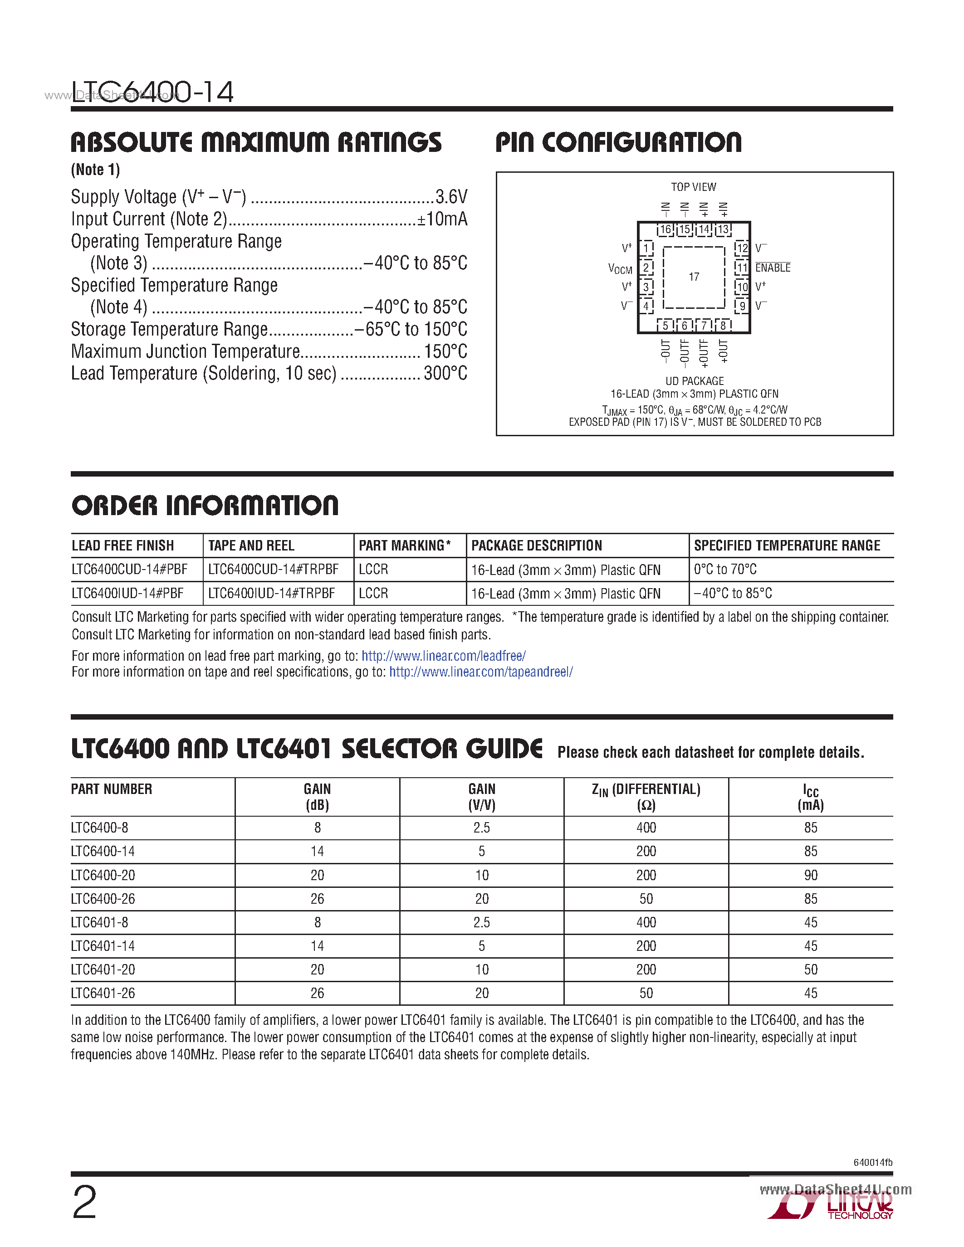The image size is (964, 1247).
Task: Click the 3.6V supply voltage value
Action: pos(451,197)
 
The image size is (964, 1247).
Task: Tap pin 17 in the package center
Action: pos(694,277)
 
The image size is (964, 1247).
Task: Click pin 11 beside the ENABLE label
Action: pos(742,267)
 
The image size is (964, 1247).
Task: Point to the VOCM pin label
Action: pos(620,269)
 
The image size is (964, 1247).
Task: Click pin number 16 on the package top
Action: pos(666,229)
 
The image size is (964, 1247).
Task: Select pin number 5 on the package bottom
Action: pos(666,326)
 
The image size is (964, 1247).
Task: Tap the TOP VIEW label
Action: pos(693,187)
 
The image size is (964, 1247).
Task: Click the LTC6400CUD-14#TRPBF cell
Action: pos(274,569)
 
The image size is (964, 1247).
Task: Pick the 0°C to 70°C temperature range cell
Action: pos(725,569)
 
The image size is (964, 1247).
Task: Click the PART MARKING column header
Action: pos(404,545)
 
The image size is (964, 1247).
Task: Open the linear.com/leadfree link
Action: pos(444,656)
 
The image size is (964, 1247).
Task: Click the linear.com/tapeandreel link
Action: pos(481,672)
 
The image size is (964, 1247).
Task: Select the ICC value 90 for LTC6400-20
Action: pos(810,875)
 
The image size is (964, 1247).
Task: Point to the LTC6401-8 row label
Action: pos(100,922)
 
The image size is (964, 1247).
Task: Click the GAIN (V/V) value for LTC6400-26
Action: pos(481,899)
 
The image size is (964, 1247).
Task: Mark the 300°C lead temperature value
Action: pos(445,373)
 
